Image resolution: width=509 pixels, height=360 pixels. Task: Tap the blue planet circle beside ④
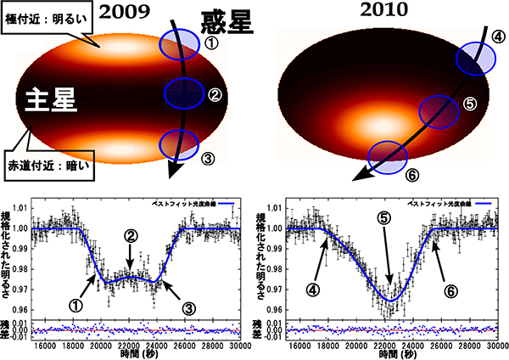click(x=475, y=58)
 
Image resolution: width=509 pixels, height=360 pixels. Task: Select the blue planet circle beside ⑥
click(x=387, y=157)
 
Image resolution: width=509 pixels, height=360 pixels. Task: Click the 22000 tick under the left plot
click(x=130, y=346)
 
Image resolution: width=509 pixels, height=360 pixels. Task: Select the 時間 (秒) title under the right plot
click(x=389, y=355)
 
